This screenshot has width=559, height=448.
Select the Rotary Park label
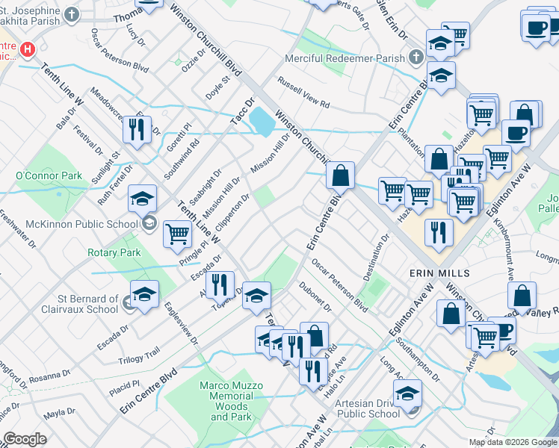click(114, 252)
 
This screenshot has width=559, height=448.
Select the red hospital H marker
click(28, 49)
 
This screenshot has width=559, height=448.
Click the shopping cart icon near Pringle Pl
click(178, 233)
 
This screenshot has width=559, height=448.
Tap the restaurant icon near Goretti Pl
click(137, 129)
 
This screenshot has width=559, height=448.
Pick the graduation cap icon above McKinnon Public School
click(142, 199)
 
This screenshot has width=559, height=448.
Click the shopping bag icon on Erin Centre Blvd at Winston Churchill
click(340, 176)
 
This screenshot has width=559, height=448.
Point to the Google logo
click(25, 439)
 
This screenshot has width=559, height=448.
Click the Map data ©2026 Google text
click(512, 442)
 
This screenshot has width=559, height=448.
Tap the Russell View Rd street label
click(303, 93)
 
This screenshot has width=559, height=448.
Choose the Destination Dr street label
click(377, 258)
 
